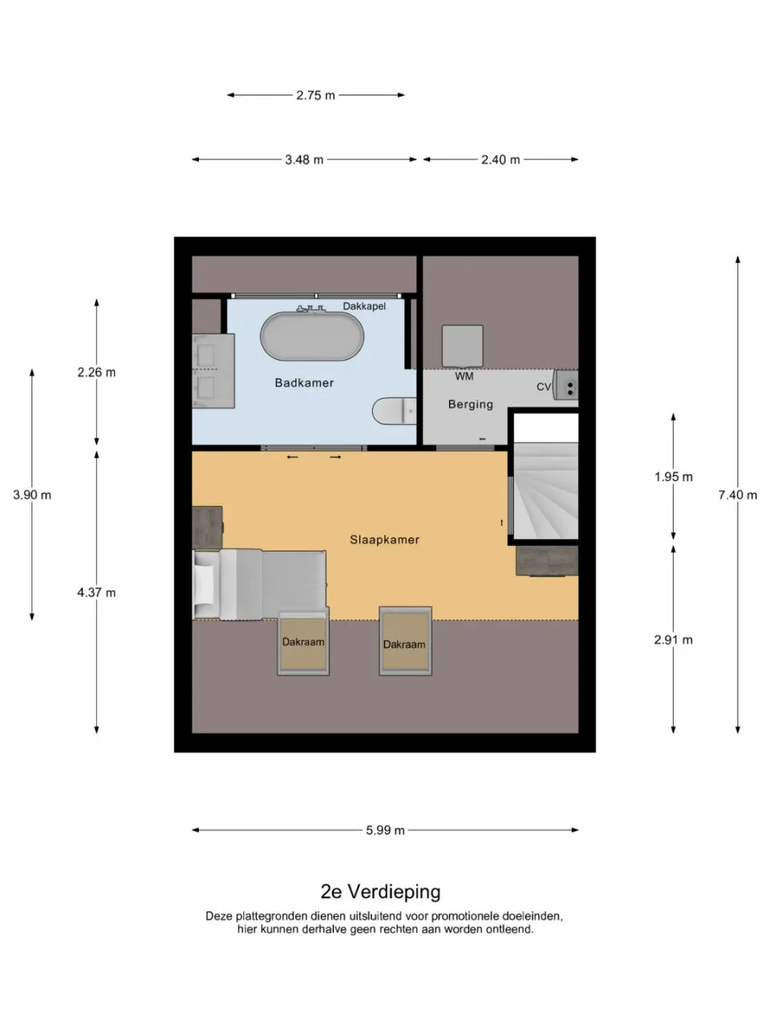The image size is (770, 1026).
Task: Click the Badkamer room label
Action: click(304, 383)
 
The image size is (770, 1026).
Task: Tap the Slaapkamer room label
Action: click(384, 540)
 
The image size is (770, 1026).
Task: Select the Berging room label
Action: click(470, 405)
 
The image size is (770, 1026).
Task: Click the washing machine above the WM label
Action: click(463, 346)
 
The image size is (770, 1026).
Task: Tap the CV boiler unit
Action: click(567, 386)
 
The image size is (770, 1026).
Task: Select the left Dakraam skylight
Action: click(303, 642)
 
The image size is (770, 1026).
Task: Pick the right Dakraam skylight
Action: click(404, 641)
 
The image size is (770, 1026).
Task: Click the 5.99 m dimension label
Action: click(385, 830)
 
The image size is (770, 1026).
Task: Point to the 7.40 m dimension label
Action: click(737, 495)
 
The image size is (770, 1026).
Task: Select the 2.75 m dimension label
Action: click(315, 95)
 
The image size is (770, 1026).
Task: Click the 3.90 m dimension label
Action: click(32, 495)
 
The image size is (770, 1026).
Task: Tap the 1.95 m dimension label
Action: click(673, 477)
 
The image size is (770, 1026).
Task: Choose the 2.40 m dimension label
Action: click(500, 160)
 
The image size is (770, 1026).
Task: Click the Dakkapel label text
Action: click(364, 306)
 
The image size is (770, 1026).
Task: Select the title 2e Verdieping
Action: click(380, 891)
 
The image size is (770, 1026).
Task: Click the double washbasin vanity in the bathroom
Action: click(213, 371)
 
